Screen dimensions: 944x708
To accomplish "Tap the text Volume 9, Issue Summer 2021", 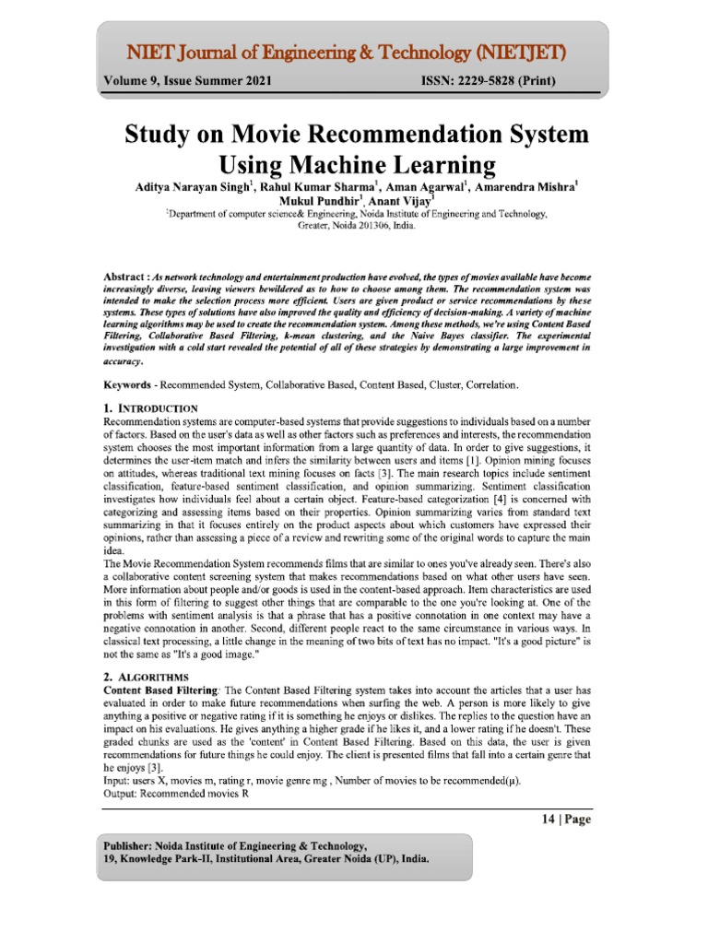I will point(187,82).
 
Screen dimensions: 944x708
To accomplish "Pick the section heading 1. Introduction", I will point(149,407).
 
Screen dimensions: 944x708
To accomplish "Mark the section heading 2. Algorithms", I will point(145,678).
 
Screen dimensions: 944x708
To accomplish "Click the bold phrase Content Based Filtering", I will point(161,690).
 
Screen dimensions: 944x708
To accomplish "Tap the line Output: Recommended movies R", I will point(176,794).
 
